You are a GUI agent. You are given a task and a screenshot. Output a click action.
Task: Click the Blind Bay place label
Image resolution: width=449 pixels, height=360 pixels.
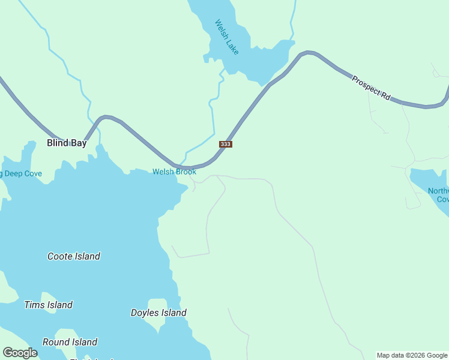pos(67,143)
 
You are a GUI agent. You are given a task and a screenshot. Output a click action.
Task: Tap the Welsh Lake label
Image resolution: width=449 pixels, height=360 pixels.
pos(227,37)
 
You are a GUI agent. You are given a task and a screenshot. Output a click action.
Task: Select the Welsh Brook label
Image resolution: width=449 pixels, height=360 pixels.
pos(174,172)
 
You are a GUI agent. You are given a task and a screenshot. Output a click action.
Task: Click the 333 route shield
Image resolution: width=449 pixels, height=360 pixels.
pos(226,144)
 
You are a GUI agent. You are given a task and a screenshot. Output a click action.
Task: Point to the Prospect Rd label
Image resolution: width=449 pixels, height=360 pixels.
pos(371,88)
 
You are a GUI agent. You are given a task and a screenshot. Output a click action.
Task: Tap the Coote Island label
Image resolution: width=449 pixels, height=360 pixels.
pos(74,256)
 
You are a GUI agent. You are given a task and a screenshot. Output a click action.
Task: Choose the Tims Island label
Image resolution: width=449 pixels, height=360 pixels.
pos(48,305)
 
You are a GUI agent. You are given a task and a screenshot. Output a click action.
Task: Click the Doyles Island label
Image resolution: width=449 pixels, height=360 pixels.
pos(158,313)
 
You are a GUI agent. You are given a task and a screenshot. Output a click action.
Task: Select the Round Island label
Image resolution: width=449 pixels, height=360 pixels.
pos(70,342)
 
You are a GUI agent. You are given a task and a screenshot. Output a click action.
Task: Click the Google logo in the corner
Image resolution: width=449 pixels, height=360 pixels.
pos(20,353)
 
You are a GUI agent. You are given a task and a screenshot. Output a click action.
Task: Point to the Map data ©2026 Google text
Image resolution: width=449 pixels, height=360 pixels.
pos(412,355)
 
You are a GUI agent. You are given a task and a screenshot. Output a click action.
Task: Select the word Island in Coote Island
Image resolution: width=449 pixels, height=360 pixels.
pos(86,256)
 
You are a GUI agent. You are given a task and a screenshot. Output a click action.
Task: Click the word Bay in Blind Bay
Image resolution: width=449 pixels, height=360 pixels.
pos(79,143)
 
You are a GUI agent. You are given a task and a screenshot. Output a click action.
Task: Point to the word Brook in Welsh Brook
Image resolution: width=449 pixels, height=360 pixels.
pos(185,172)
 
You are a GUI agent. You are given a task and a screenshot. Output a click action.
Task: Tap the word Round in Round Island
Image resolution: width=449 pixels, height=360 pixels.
pos(56,342)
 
